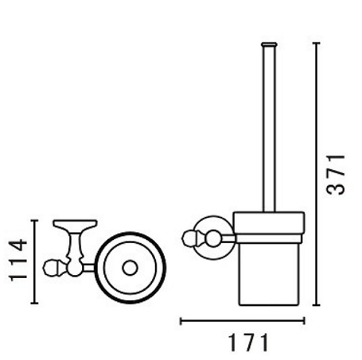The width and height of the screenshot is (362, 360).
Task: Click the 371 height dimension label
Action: pyautogui.click(x=336, y=175)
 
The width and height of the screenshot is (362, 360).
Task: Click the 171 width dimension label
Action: pyautogui.click(x=248, y=343)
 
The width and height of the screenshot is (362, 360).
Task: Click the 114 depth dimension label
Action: pyautogui.click(x=18, y=260)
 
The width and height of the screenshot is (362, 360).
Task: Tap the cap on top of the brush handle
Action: pyautogui.click(x=269, y=45)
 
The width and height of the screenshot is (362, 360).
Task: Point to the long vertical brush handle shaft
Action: pyautogui.click(x=269, y=130)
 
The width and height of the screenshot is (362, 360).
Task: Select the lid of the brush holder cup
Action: pyautogui.click(x=269, y=223)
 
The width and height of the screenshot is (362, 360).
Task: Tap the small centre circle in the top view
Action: pyautogui.click(x=130, y=268)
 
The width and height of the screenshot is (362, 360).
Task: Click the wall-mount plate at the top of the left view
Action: pyautogui.click(x=75, y=225)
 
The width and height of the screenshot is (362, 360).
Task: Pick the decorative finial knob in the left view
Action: pyautogui.click(x=51, y=268)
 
